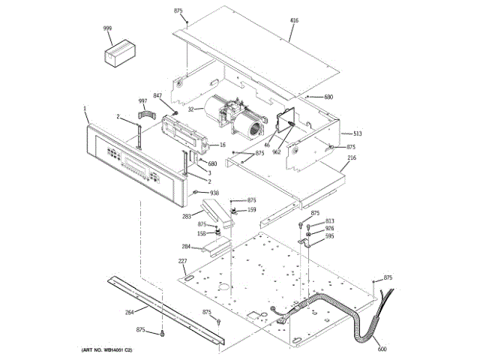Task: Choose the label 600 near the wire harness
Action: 382,349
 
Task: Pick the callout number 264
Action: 129,312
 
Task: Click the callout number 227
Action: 182,261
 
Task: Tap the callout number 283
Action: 186,217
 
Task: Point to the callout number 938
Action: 214,192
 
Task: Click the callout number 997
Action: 142,100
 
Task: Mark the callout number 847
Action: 157,95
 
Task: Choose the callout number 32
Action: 190,109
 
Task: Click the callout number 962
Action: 277,151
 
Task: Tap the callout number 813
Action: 329,220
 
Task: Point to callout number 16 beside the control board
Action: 222,145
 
